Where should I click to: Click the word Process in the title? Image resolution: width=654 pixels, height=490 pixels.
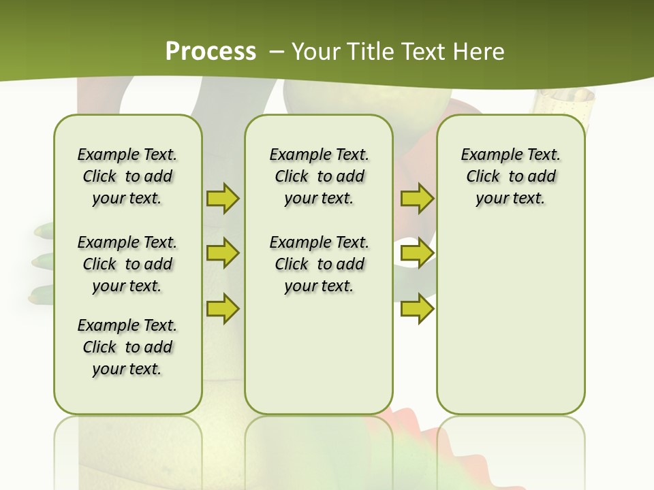[x=211, y=52]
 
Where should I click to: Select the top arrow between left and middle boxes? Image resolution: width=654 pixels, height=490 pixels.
[x=222, y=198]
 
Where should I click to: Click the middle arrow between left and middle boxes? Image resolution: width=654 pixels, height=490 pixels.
[x=222, y=253]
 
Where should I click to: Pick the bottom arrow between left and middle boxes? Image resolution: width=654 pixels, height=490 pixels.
[x=222, y=308]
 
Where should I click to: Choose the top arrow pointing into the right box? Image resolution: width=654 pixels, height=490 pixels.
[x=416, y=198]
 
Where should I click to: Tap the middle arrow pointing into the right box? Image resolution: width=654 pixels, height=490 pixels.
[x=416, y=253]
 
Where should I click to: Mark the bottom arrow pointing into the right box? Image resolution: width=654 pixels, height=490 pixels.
[x=416, y=308]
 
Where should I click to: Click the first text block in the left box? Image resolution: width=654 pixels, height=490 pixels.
[x=127, y=176]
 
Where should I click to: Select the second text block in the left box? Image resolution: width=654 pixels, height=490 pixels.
[x=127, y=264]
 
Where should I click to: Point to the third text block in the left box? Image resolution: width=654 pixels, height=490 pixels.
[x=127, y=347]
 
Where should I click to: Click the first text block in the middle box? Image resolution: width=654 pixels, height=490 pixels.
[x=319, y=176]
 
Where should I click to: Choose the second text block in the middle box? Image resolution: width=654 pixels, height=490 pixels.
[x=319, y=264]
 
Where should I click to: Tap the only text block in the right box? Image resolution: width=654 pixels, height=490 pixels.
[x=510, y=176]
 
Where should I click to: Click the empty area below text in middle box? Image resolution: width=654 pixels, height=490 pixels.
[x=319, y=354]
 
